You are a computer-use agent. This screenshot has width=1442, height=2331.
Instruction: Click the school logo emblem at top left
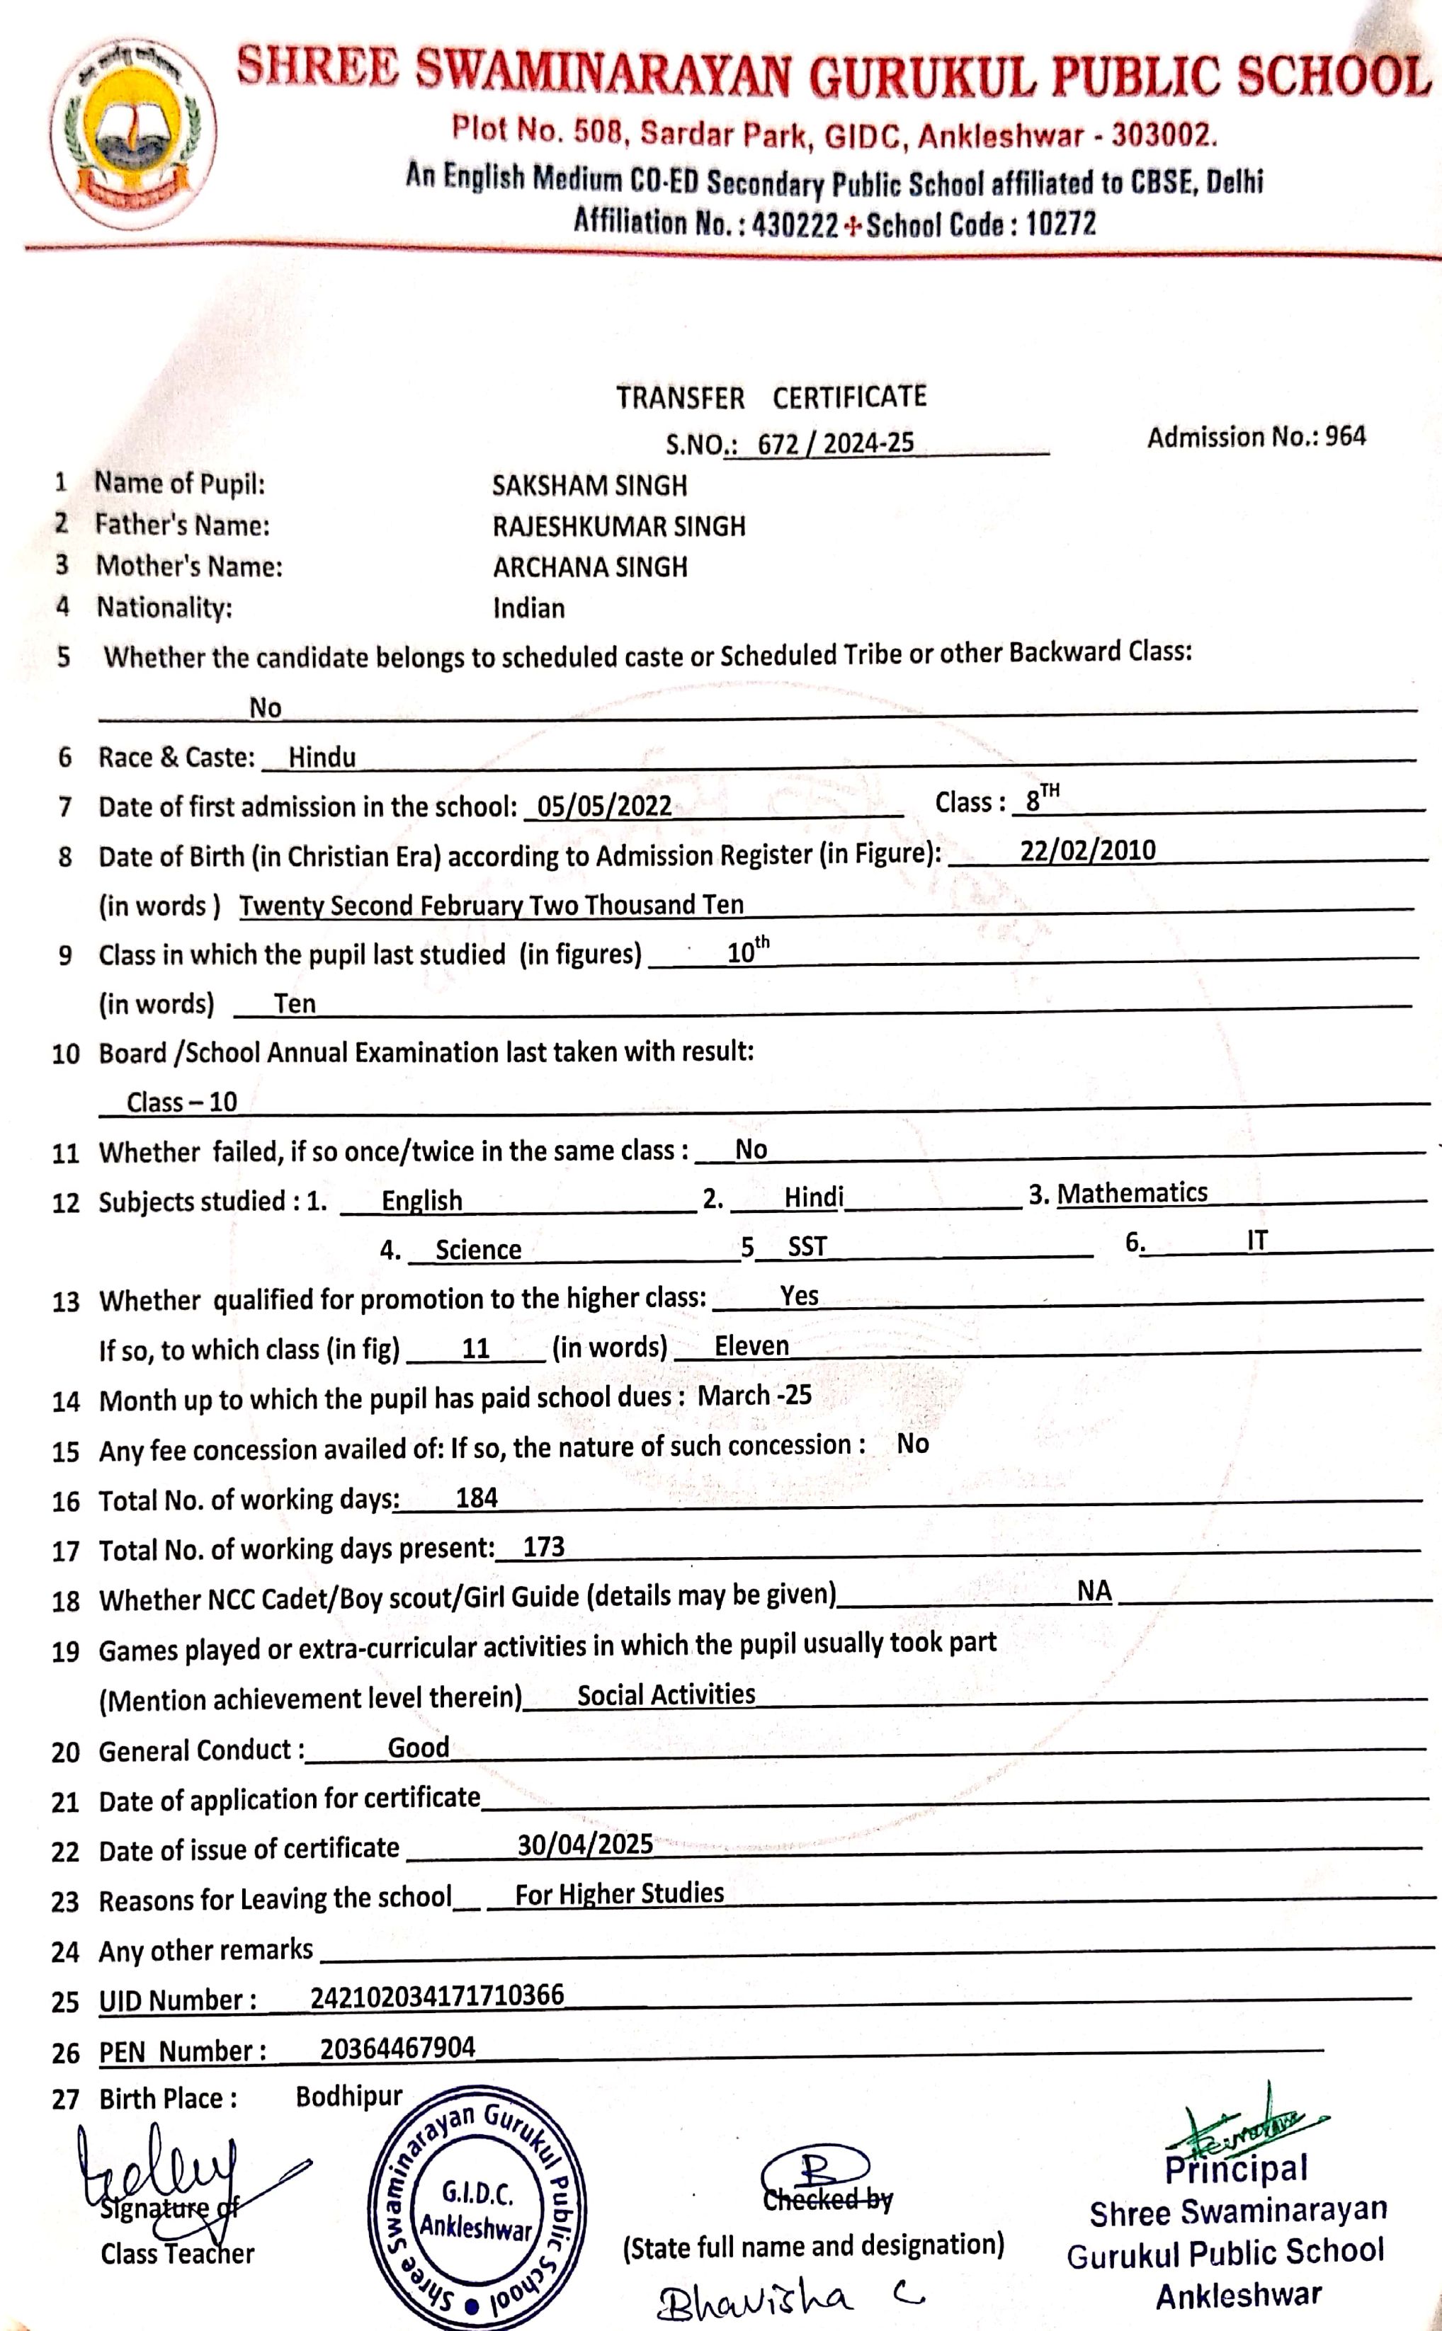click(134, 137)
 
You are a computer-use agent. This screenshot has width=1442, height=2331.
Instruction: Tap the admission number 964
click(1345, 438)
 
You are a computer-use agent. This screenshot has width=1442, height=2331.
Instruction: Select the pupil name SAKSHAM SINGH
click(589, 486)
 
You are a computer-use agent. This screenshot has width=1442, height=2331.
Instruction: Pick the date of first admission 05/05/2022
click(603, 807)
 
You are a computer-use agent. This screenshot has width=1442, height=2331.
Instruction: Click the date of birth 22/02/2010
click(1087, 850)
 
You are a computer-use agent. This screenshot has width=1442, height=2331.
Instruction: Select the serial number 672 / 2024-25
click(836, 443)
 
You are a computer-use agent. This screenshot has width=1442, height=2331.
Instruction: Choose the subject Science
click(478, 1250)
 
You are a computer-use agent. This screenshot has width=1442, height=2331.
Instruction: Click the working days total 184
click(477, 1498)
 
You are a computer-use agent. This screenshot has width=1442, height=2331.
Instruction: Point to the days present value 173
click(544, 1546)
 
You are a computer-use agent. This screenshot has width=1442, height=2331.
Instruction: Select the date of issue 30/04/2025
click(584, 1845)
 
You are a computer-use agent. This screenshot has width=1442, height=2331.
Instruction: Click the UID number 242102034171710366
click(437, 1995)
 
